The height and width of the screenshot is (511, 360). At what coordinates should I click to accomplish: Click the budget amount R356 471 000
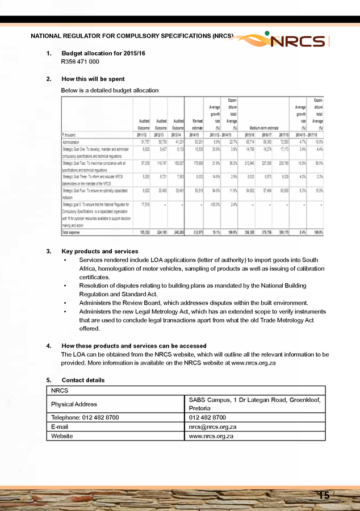coord(80,61)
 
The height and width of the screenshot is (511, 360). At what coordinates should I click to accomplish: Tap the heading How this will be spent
coord(93,79)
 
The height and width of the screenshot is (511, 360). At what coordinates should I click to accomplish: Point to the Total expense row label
coord(73,232)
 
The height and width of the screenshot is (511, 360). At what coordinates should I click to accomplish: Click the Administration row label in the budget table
coord(72,141)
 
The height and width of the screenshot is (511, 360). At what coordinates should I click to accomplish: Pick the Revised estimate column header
coord(197,125)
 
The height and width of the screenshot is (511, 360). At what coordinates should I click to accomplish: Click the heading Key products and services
coord(100,252)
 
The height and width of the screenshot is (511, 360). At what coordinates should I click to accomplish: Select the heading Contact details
coord(83,380)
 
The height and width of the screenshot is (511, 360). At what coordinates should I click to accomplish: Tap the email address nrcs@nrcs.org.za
coord(212,426)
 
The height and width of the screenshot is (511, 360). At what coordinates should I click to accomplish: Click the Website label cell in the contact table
coord(62,436)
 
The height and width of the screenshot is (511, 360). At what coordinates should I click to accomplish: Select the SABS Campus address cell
coord(254,404)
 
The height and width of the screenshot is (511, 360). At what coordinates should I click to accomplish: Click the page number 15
coord(324,496)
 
